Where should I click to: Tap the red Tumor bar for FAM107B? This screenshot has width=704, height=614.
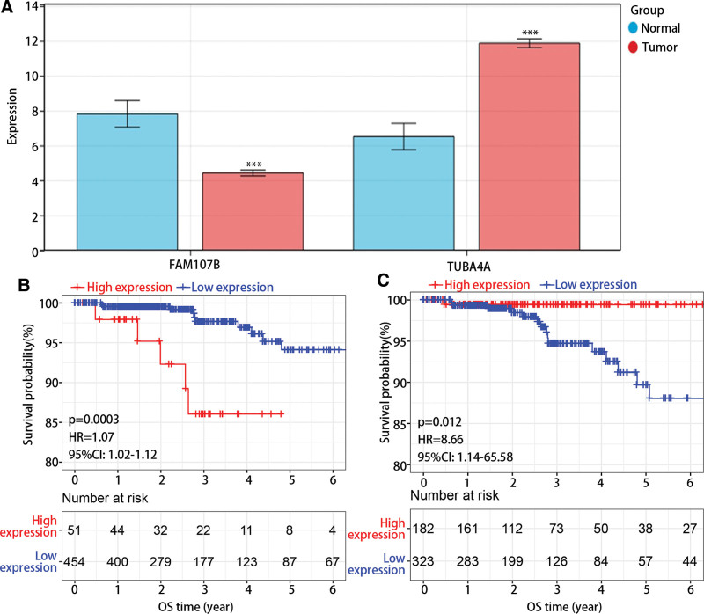click(253, 211)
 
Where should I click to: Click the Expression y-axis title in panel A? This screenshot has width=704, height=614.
click(11, 128)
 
